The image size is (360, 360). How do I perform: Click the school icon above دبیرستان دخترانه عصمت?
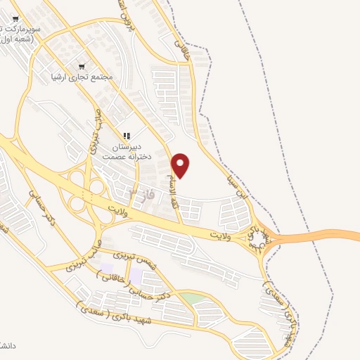point(127,136)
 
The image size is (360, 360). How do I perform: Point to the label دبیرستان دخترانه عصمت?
point(127,151)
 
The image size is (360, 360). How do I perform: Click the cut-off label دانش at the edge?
point(349,346)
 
